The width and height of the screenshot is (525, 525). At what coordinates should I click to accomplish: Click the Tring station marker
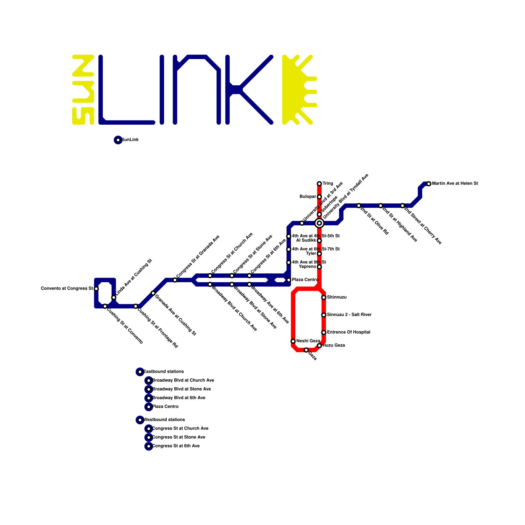[319, 184]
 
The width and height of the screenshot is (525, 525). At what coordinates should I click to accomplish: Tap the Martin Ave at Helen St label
[455, 184]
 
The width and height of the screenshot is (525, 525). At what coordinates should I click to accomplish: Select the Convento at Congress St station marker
[96, 289]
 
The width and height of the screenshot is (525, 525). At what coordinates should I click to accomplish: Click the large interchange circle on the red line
[319, 223]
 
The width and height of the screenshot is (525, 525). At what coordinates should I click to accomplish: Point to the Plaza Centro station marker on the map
[289, 280]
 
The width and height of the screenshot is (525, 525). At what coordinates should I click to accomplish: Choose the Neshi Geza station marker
[293, 341]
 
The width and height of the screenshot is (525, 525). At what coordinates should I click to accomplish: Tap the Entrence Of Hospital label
[348, 332]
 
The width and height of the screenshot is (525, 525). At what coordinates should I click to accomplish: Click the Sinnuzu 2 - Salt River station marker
[324, 315]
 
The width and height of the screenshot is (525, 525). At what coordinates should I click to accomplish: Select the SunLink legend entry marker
[118, 140]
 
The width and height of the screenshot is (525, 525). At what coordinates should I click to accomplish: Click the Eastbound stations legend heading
[163, 372]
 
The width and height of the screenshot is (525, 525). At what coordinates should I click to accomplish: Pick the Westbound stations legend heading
[164, 420]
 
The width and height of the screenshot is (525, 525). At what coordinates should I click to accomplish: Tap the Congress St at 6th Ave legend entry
[176, 446]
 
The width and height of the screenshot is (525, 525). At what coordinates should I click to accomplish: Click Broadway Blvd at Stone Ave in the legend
[181, 389]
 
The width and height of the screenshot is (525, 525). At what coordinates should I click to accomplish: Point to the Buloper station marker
[319, 197]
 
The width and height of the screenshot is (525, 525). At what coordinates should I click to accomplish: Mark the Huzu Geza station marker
[319, 346]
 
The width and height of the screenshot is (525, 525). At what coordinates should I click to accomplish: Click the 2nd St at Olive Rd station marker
[359, 206]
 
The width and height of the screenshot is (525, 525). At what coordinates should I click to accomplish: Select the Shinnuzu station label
[337, 297]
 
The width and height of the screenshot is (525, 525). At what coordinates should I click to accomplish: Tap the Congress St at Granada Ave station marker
[175, 280]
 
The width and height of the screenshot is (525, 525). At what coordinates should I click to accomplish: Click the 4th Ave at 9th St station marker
[289, 262]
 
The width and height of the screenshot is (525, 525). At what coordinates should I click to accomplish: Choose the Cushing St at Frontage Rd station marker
[136, 306]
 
